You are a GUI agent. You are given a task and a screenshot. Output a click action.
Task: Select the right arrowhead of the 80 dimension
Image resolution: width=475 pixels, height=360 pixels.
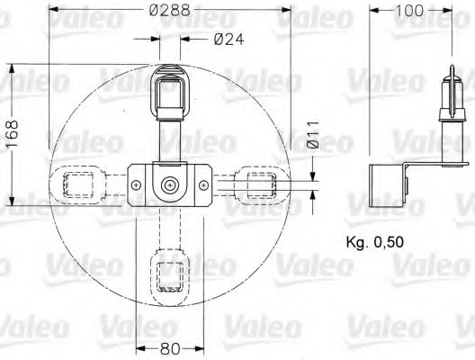tap(201, 349)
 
